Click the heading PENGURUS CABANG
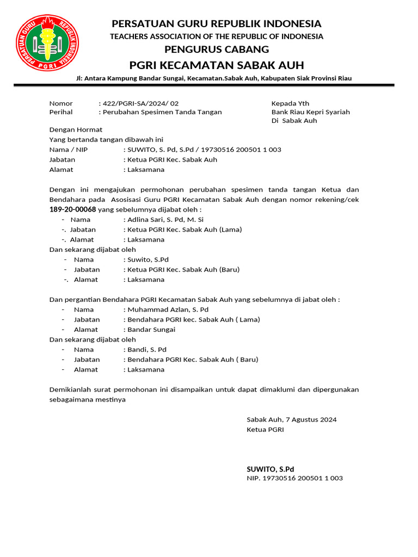[x=217, y=49]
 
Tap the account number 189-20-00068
[x=72, y=209]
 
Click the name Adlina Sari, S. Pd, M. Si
[x=165, y=220]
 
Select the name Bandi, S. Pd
[x=147, y=349]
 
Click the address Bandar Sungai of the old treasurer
[x=151, y=329]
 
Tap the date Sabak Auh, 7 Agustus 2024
[x=292, y=419]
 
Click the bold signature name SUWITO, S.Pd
[x=271, y=469]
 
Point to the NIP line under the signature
[x=294, y=478]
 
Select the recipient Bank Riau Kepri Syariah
[x=310, y=112]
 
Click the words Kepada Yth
[x=290, y=103]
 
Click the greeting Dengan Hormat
[x=76, y=130]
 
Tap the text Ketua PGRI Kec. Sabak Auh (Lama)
[x=185, y=230]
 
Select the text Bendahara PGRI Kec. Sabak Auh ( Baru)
[x=193, y=360]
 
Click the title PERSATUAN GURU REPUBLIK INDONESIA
[x=217, y=24]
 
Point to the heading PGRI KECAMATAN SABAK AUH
[x=217, y=65]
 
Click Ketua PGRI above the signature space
[x=265, y=430]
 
